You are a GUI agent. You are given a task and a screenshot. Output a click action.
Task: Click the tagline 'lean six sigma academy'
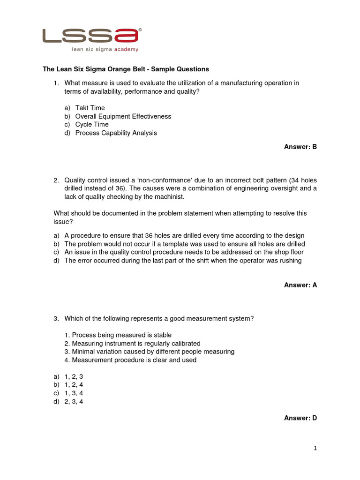click(x=105, y=49)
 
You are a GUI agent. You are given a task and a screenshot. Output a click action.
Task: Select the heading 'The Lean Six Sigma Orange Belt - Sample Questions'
click(x=126, y=69)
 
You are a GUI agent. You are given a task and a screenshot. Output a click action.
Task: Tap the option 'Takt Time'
click(x=90, y=108)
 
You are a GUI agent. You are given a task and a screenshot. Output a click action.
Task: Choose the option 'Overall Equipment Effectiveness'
click(x=123, y=116)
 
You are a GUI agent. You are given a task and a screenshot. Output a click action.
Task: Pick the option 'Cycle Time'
click(x=92, y=125)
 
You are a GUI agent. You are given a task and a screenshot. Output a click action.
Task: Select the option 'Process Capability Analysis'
click(x=116, y=133)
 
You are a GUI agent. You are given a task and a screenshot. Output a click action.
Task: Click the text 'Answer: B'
click(x=300, y=147)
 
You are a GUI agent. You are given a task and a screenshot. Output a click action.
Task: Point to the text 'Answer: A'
click(x=300, y=285)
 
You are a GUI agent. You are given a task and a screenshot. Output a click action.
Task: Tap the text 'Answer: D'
click(x=300, y=418)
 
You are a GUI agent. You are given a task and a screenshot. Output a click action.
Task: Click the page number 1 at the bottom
click(x=315, y=449)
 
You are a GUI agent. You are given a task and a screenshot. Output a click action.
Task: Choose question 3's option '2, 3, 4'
click(x=74, y=402)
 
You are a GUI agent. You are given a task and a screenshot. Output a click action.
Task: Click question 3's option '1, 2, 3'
click(x=74, y=376)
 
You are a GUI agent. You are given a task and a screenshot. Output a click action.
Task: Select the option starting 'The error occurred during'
click(x=183, y=261)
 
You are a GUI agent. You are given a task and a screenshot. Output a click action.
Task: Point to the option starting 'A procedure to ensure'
click(x=184, y=235)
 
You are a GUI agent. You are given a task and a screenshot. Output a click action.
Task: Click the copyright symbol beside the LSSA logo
click(x=140, y=30)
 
